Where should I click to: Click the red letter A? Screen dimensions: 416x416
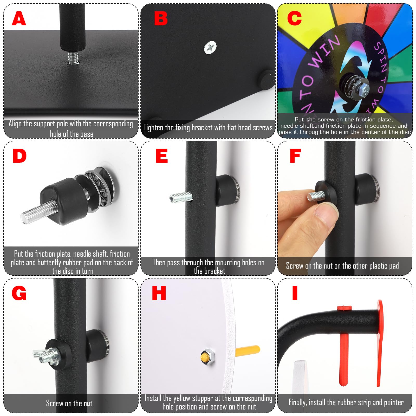tap(19, 19)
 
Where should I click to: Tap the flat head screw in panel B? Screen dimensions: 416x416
tap(210, 47)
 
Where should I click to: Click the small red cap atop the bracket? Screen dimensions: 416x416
tap(344, 308)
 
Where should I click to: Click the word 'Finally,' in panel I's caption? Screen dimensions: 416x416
tap(297, 402)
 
